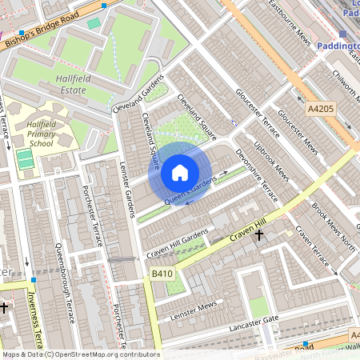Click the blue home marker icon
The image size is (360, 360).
180,173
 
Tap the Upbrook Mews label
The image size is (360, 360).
271,159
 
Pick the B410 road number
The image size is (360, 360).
162,274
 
